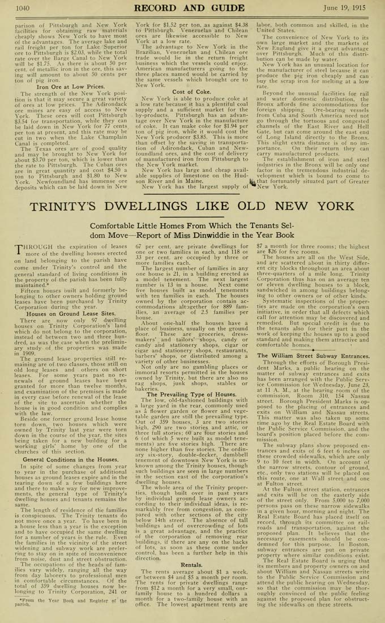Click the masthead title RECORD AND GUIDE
(x=192, y=8)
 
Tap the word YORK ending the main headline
(x=326, y=206)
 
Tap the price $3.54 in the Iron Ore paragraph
(x=26, y=121)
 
